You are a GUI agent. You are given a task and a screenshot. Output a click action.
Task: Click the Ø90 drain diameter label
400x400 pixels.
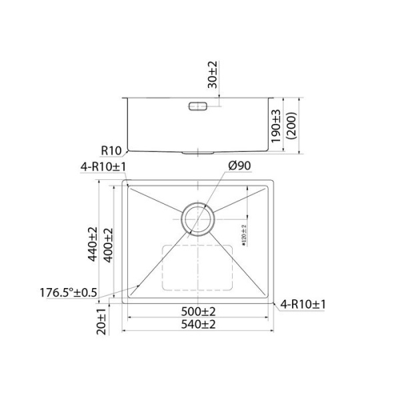[x=239, y=165]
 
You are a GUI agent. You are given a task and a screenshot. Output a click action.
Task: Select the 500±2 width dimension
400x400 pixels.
[x=200, y=311]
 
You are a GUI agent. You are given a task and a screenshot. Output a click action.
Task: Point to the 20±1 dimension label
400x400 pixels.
[x=100, y=322]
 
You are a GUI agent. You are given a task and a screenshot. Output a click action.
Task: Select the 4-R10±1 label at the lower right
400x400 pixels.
[x=303, y=305]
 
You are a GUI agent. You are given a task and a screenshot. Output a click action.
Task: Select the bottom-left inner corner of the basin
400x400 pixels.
[x=131, y=300]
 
